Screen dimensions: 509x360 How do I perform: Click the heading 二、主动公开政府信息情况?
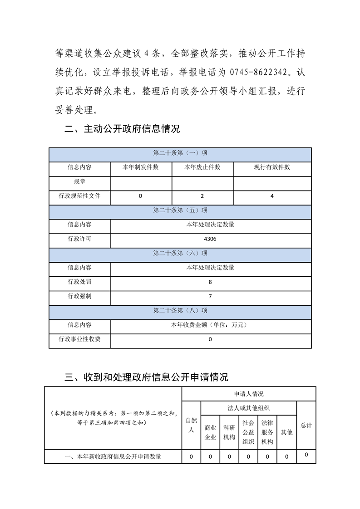pos(122,129)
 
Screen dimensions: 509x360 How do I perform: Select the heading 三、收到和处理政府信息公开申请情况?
pos(147,377)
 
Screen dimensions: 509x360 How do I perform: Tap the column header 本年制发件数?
pos(141,167)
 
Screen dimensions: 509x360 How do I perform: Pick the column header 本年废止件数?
pos(202,167)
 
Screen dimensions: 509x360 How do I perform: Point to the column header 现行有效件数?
pos(272,167)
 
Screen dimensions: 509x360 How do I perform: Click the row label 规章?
pos(79,181)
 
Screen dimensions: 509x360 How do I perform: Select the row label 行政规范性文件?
pos(79,196)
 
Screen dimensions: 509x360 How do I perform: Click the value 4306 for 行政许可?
pos(211,239)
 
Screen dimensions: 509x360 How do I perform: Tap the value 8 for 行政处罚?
pos(211,282)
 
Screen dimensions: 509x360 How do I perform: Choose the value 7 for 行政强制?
pos(211,296)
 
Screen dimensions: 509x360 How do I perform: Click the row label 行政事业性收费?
pos(79,339)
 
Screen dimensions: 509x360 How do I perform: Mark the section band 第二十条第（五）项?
pos(180,210)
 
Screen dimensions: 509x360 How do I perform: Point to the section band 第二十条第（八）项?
pos(180,311)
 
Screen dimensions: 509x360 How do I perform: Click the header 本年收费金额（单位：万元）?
pos(211,325)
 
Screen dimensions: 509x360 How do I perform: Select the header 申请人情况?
pos(249,394)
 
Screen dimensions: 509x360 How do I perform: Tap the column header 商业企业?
pos(210,432)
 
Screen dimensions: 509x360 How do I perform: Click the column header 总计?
pos(306,426)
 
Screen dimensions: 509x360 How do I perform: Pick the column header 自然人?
pos(191,426)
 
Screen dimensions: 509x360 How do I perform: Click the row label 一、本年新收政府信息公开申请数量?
pos(113,457)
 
